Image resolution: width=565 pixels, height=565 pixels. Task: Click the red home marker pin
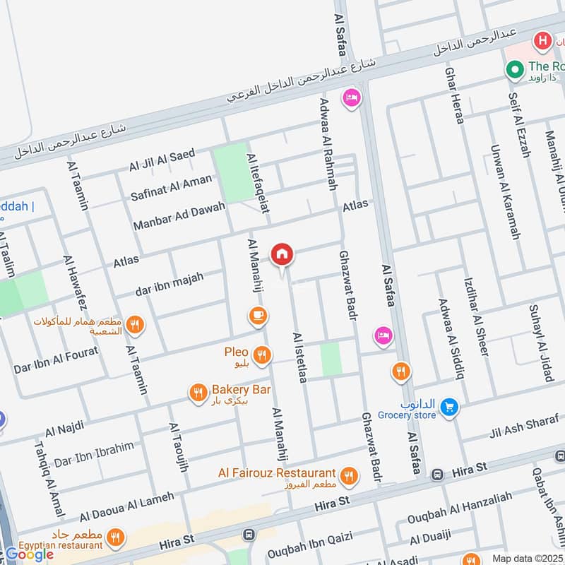(282, 254)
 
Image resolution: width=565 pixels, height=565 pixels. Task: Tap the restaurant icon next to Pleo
(263, 355)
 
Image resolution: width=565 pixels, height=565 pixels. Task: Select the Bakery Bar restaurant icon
(198, 393)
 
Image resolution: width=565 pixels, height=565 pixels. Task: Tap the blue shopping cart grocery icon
(448, 408)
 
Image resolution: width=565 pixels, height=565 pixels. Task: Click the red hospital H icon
(543, 40)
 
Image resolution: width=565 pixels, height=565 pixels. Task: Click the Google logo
(30, 554)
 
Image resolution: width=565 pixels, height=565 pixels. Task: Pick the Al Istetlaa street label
(299, 358)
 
